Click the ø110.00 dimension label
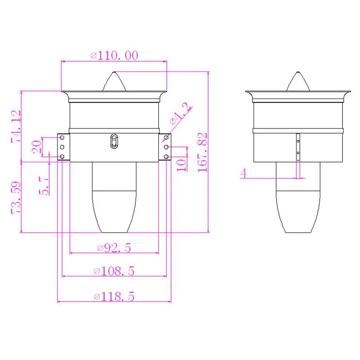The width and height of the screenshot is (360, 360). click(114, 55)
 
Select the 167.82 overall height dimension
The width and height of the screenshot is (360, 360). click(202, 152)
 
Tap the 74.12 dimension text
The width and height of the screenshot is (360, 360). click(16, 127)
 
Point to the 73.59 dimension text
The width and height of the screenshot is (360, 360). click(16, 198)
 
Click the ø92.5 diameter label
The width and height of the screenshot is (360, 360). click(114, 248)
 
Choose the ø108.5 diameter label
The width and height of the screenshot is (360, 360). click(114, 271)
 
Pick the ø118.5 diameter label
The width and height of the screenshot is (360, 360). click(114, 297)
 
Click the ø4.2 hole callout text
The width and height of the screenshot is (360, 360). click(180, 114)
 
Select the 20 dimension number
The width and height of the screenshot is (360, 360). click(36, 147)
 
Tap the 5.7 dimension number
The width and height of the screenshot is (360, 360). click(44, 186)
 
